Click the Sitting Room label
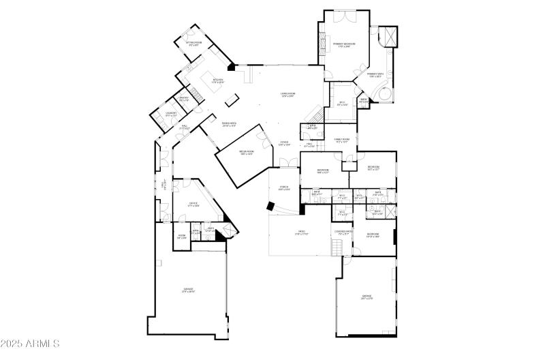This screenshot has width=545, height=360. [193, 44]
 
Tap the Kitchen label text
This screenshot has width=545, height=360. [218, 80]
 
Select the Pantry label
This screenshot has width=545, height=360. [184, 100]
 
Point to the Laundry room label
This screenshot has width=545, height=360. [172, 114]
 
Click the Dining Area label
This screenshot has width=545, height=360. [229, 124]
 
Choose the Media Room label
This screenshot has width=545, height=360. [246, 152]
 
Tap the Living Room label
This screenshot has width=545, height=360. [287, 95]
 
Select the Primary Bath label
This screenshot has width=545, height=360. [375, 75]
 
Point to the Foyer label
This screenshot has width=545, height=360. [285, 143]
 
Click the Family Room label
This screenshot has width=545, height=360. [341, 140]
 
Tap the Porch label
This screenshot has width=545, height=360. [283, 188]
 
